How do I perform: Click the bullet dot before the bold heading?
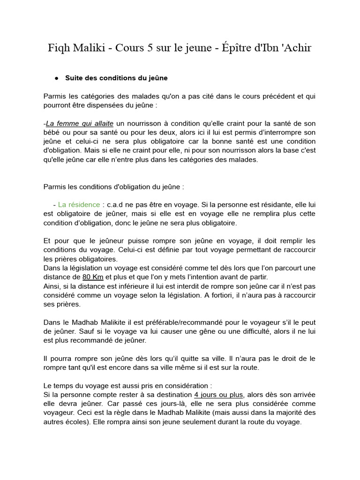click(x=56, y=78)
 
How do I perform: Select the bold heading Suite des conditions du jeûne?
click(x=116, y=78)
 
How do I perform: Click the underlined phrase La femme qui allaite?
click(x=80, y=124)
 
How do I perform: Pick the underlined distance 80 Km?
click(x=93, y=277)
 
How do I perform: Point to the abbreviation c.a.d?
click(x=115, y=204)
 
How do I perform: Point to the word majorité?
click(x=286, y=412)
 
